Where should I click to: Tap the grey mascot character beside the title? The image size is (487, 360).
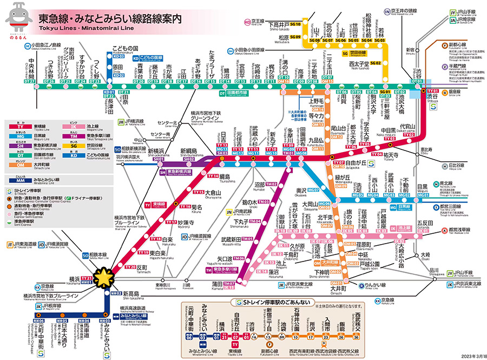click(18, 21)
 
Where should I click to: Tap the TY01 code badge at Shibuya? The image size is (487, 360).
click(432, 91)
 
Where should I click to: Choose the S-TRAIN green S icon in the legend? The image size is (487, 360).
click(9, 191)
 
